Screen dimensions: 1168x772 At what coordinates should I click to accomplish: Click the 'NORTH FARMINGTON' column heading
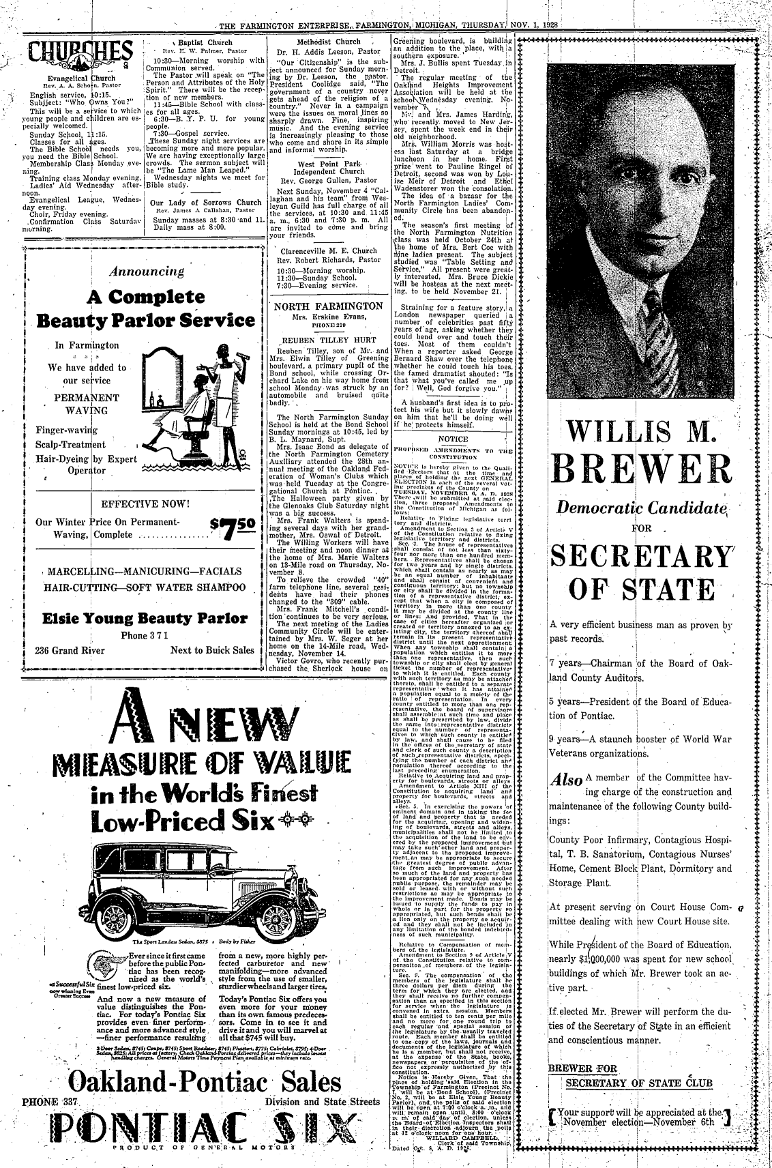329,306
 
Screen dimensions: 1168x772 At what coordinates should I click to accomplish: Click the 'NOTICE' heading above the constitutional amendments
453,439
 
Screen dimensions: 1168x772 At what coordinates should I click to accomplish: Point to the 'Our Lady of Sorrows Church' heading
206,203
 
